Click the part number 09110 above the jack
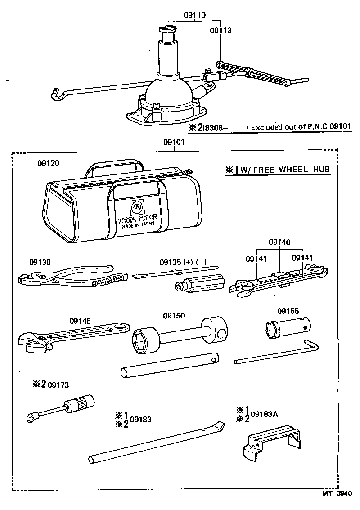pos(194,15)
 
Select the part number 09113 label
pos(220,31)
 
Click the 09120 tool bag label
pos(48,162)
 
